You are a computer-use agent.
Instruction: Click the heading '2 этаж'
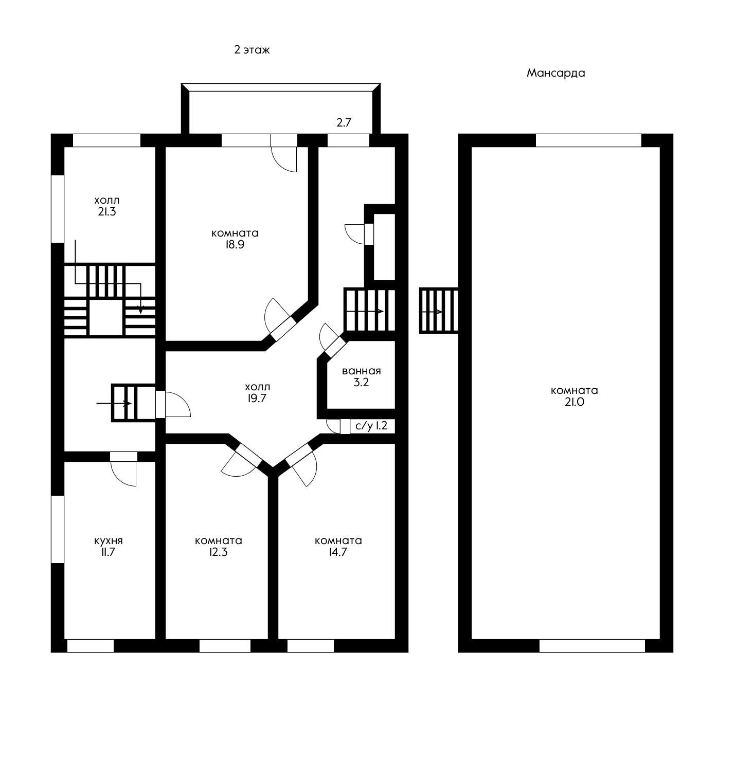pos(252,50)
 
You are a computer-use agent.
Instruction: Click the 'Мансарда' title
pos(555,73)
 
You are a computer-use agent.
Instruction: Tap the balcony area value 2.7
pos(344,122)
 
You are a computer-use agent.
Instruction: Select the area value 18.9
pos(234,245)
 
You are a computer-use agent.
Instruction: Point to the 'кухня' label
pos(109,541)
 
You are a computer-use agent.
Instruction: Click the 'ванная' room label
pos(362,371)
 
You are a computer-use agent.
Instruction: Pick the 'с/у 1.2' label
pos(371,426)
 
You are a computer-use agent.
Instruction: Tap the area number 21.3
pos(106,211)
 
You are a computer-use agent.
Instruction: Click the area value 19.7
pos(256,398)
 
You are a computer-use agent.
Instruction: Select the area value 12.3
pos(219,552)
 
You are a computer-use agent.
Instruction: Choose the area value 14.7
pos(338,552)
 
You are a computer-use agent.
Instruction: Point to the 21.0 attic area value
pos(574,402)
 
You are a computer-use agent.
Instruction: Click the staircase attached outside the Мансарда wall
pos(439,311)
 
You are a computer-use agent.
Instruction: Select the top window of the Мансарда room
pos(588,140)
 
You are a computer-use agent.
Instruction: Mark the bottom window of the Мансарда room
pos(591,646)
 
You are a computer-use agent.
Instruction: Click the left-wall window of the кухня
pos(58,529)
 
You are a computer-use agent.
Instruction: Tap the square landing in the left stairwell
pos(106,317)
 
